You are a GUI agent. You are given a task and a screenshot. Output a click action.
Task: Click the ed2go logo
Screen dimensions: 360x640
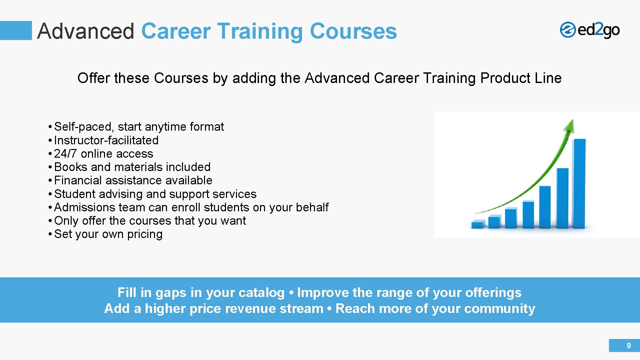point(589,30)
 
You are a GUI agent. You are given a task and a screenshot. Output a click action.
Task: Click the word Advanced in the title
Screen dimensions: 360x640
point(86,31)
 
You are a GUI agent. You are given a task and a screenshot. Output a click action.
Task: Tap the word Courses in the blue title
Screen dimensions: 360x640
point(353,31)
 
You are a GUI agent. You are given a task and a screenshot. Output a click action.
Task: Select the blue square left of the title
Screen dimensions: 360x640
point(16,30)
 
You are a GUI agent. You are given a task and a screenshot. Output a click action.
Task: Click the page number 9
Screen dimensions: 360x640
point(629,346)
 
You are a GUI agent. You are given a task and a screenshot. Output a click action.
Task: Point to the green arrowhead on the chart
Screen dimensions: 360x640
point(569,126)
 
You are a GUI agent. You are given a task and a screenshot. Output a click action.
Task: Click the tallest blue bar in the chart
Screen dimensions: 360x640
point(579,183)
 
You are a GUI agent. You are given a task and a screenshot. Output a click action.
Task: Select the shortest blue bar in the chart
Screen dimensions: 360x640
point(478,224)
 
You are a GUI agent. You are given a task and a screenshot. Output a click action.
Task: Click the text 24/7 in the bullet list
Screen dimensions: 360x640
point(65,154)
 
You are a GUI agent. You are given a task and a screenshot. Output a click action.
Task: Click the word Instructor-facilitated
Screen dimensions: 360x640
point(106,140)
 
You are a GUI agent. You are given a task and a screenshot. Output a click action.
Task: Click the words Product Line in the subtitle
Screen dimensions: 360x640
point(521,78)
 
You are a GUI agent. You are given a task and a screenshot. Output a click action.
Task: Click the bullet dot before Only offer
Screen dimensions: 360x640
point(49,221)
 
